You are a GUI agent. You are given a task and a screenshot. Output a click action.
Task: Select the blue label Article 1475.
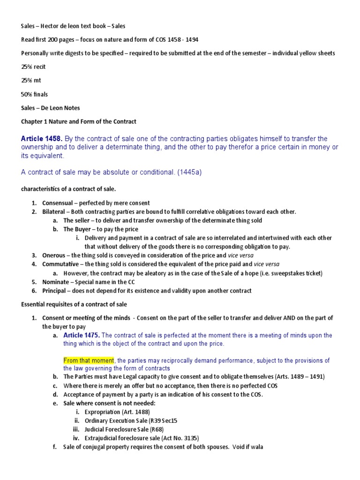81,335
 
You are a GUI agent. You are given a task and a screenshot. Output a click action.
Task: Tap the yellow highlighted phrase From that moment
89,360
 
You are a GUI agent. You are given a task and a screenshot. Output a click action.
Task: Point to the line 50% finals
34,94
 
